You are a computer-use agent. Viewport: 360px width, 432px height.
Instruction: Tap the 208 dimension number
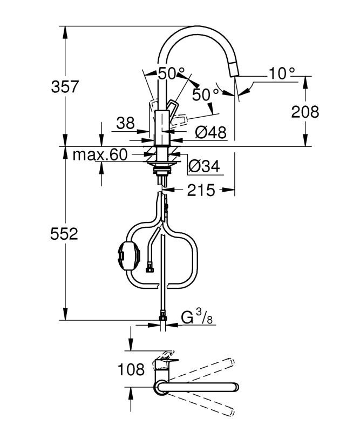[x=305, y=112]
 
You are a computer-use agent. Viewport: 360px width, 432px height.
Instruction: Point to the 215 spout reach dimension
[x=201, y=190]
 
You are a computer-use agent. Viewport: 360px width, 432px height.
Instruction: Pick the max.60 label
[x=100, y=155]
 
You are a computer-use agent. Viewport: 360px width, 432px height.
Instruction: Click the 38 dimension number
[x=126, y=124]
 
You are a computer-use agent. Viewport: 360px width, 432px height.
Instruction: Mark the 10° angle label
[x=282, y=73]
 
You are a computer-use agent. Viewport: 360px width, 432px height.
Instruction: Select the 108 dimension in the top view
[x=131, y=370]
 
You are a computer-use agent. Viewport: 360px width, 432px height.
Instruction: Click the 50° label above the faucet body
[x=171, y=73]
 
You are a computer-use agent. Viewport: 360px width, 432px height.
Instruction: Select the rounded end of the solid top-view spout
[x=234, y=387]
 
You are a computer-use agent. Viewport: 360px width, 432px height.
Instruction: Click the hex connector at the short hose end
[x=150, y=266]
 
